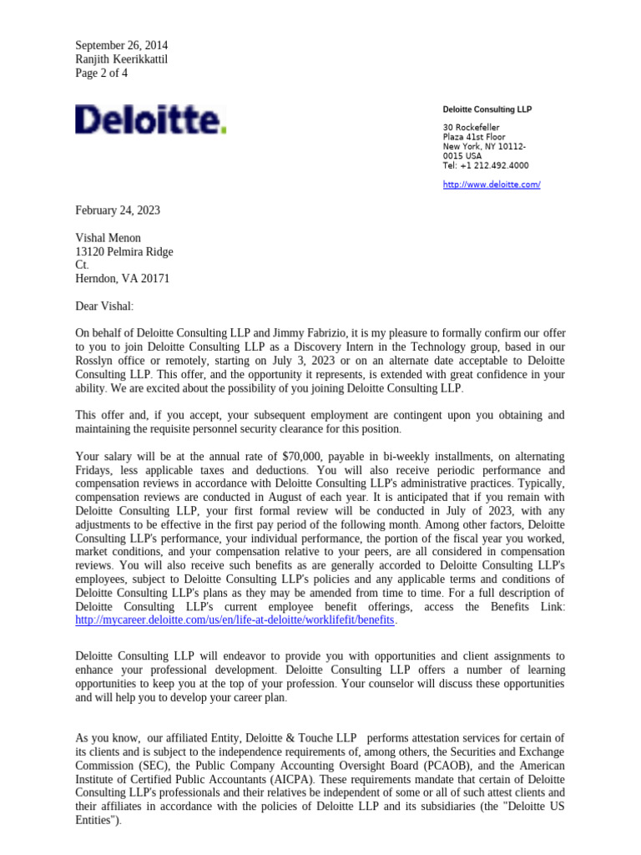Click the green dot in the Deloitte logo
223,130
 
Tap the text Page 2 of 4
102,73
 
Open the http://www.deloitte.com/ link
491,184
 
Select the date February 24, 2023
118,210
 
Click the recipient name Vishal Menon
109,238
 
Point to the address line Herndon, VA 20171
124,279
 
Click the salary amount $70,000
305,457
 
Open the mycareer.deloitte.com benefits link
235,620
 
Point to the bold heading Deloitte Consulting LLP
487,109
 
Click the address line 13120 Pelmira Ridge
124,251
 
